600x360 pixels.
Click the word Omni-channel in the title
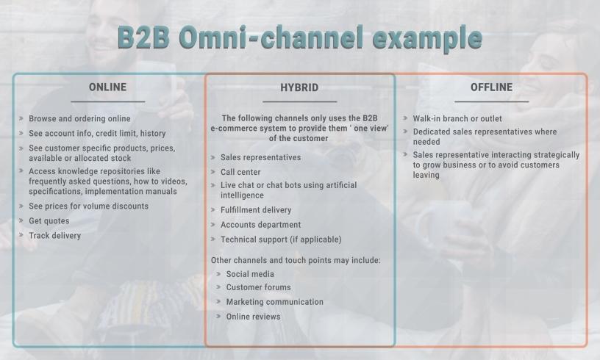pos(271,37)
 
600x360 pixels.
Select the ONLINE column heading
pos(107,87)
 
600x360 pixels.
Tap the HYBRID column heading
pos(299,87)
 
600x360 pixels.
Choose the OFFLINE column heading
pos(491,87)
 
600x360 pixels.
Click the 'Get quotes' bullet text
pos(49,221)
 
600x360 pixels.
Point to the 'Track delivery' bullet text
pos(54,235)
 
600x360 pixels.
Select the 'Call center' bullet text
pos(240,172)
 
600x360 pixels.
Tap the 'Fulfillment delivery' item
pos(256,210)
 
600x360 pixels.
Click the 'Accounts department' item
pos(260,225)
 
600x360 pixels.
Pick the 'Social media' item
pos(250,274)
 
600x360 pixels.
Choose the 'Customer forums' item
pos(258,287)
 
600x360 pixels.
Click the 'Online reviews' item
pos(253,317)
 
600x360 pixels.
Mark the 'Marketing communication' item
pos(275,302)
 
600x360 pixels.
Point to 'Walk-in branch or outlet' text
pos(457,118)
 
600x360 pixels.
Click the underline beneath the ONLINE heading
pos(108,101)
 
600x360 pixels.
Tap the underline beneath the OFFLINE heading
pos(492,101)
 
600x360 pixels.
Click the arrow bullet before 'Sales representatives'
pos(213,157)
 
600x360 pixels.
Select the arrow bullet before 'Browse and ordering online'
pos(21,118)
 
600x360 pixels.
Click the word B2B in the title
pos(143,37)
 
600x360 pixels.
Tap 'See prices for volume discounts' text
pos(88,206)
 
